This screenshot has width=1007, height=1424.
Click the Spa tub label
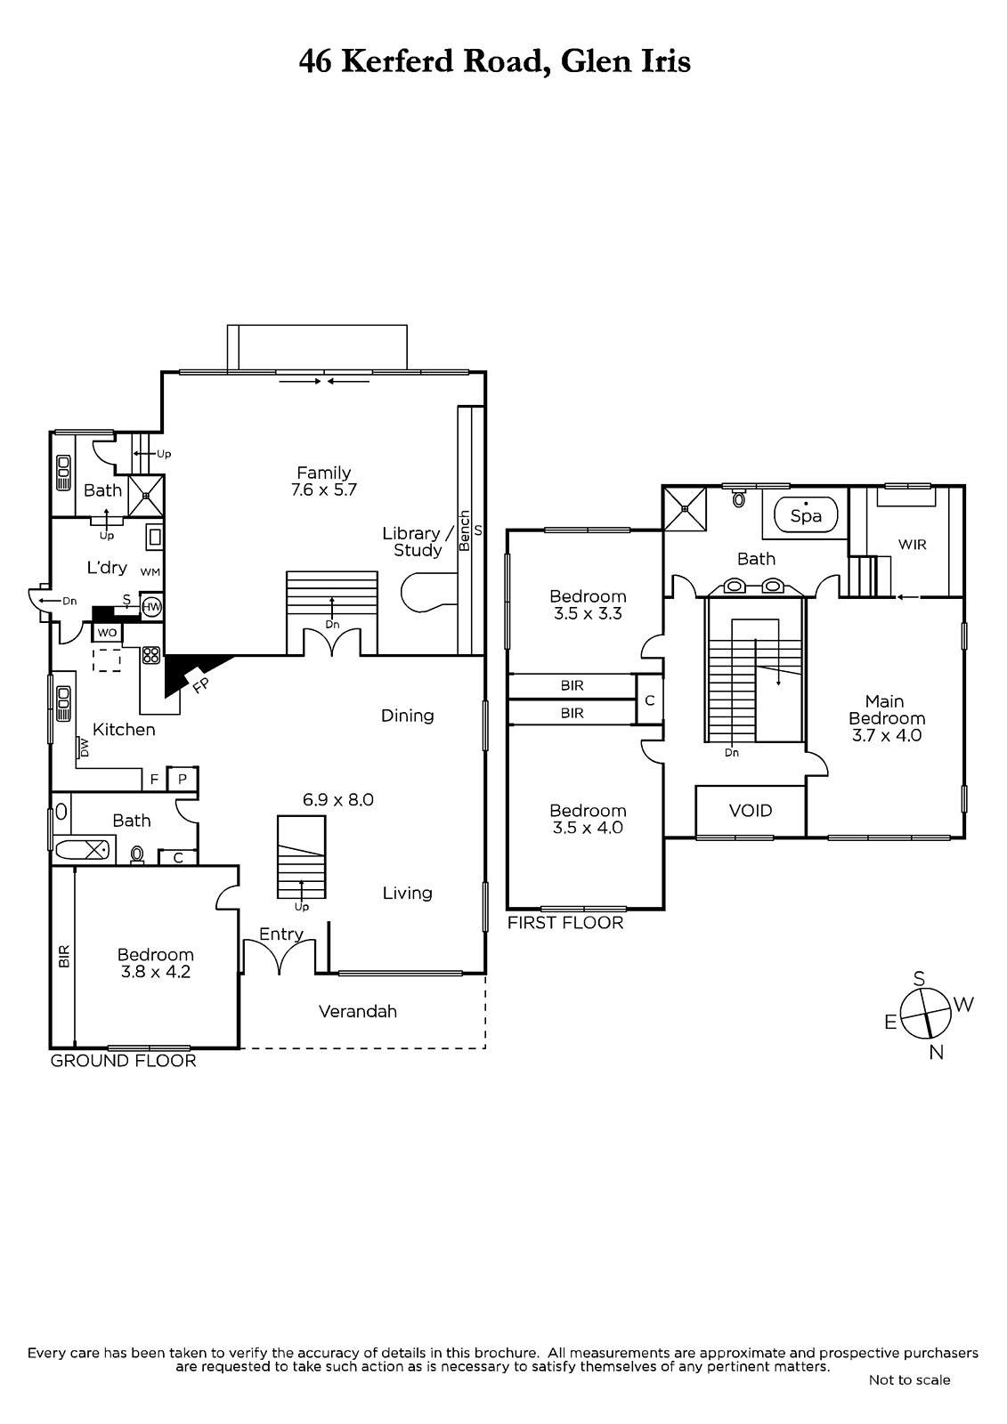pos(806,516)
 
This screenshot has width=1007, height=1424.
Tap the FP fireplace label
pos(200,685)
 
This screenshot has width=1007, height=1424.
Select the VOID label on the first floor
pos(751,811)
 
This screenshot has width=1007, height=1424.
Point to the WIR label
pos(913,544)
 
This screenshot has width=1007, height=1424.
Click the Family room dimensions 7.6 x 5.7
pos(324,489)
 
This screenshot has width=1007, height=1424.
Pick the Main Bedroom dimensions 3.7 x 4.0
pos(887,735)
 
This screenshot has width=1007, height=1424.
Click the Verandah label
pos(358,1011)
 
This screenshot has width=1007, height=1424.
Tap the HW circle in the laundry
pos(150,607)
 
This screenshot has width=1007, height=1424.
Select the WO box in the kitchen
pos(107,633)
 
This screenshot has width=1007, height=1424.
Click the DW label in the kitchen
pos(84,748)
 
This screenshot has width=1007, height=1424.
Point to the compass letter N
pos(936,1052)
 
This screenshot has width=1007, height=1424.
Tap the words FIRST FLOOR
pos(564,922)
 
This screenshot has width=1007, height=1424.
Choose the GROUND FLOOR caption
pos(124,1060)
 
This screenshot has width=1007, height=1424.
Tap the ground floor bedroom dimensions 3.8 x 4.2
pos(155,971)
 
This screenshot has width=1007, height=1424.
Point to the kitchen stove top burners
pos(150,655)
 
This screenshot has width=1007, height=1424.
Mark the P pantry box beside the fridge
pos(183,779)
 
